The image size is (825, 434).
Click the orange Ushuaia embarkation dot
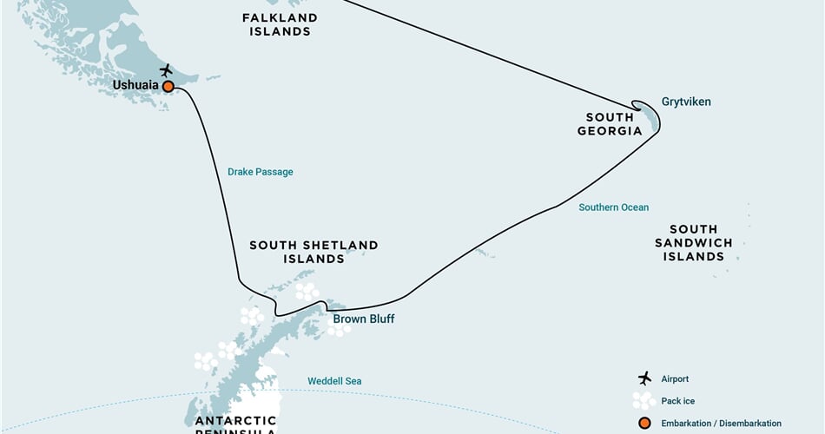(x=168, y=86)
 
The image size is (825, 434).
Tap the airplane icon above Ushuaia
(x=166, y=69)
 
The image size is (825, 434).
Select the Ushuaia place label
(x=135, y=86)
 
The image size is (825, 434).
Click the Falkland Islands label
(x=279, y=24)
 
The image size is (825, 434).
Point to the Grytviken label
(x=686, y=102)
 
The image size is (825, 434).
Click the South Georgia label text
(x=614, y=124)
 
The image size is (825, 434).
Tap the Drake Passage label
(x=261, y=172)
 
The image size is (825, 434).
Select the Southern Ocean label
(x=614, y=207)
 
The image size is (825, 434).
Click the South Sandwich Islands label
(x=694, y=243)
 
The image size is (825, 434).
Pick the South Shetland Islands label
(x=313, y=252)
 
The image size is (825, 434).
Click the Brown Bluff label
(x=364, y=319)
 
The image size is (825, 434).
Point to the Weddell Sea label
(x=334, y=381)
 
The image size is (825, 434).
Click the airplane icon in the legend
(x=643, y=378)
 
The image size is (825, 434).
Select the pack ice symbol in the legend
(x=643, y=400)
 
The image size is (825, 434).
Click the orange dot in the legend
(x=643, y=423)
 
